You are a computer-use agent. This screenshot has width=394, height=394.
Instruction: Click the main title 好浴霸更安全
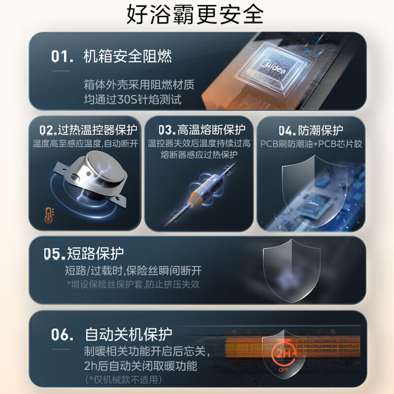195,14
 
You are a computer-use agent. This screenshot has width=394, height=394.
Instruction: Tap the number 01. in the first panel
62,56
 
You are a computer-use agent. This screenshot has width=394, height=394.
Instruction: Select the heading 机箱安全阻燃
127,56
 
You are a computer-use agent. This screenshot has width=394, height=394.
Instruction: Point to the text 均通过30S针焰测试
133,100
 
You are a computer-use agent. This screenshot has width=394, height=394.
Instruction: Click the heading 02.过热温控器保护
88,130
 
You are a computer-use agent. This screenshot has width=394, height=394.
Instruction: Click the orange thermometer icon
49,215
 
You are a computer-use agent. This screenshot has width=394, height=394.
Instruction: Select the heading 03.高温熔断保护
202,130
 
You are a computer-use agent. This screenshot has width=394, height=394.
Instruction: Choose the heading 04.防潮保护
310,131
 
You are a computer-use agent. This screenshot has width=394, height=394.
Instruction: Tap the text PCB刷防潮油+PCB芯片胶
311,144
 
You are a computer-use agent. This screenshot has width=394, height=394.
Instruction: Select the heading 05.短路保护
84,253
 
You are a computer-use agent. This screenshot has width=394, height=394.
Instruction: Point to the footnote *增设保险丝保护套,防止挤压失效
133,284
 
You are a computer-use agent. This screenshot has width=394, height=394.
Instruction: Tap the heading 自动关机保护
129,334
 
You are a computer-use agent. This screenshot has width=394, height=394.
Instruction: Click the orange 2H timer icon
284,353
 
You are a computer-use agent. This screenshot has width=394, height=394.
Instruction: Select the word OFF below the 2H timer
283,370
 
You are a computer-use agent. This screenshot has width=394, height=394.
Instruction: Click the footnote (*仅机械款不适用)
123,379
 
